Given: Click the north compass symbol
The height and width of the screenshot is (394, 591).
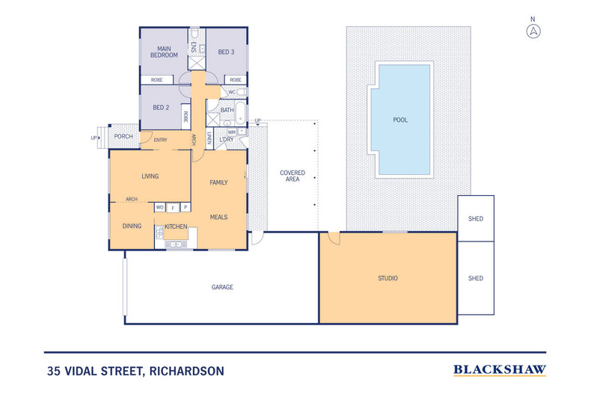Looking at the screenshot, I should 533,31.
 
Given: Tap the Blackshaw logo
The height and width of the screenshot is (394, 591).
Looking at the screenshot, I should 499,369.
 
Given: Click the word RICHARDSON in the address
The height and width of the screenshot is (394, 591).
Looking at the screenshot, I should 186,370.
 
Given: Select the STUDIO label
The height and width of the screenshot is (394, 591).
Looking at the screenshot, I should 388,278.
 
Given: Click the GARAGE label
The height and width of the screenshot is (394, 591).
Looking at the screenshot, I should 222,287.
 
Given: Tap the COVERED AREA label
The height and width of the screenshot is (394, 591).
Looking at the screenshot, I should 293,176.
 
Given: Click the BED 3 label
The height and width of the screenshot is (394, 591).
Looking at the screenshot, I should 226,52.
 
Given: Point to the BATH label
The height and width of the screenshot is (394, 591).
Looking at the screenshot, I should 227,111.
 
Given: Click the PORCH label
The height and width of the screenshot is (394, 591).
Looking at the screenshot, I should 123,136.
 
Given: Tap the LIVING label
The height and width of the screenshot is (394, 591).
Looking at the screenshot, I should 153,176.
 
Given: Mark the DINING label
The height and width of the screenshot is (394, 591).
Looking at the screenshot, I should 132,225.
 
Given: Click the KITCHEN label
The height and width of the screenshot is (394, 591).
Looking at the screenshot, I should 176,226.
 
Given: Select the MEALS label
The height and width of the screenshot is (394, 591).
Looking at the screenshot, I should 218,217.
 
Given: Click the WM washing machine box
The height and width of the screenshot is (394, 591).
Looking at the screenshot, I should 232,132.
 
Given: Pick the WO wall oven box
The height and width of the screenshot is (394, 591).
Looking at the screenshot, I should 160,207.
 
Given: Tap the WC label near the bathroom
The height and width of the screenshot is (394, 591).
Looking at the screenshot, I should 232,92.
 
